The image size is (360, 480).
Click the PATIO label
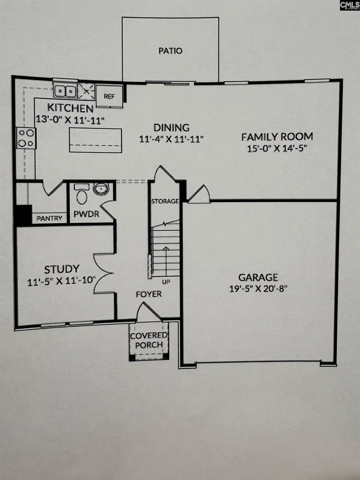pyautogui.click(x=170, y=51)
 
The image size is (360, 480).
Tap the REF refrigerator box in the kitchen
pyautogui.click(x=110, y=97)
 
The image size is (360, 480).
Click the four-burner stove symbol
pyautogui.click(x=26, y=138)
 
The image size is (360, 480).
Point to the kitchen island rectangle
pyautogui.click(x=95, y=140)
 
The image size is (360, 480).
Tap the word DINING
pyautogui.click(x=172, y=128)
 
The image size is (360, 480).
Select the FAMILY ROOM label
pyautogui.click(x=277, y=137)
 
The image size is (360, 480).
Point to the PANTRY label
pyautogui.click(x=50, y=218)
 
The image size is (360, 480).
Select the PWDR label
pyautogui.click(x=86, y=214)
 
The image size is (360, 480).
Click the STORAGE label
pyautogui.click(x=164, y=201)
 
